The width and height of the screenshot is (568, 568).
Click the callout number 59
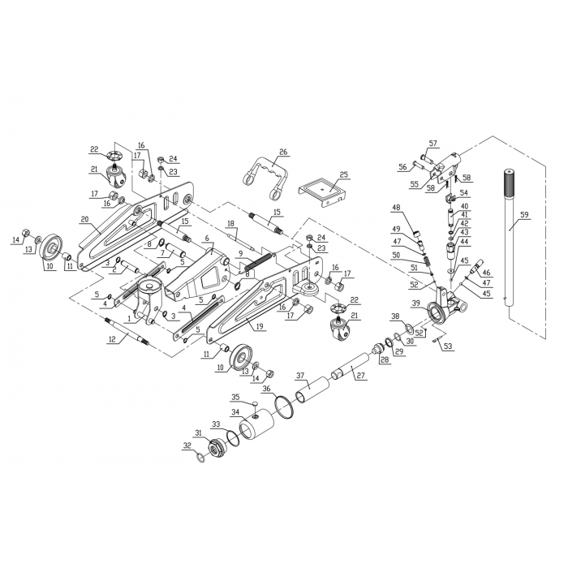[524, 215]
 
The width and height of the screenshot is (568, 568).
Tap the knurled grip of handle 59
[510, 183]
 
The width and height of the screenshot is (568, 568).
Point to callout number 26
[283, 152]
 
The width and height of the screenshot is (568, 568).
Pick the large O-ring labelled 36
[283, 402]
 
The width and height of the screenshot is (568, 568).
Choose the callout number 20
[84, 218]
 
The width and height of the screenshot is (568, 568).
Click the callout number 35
[236, 398]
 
